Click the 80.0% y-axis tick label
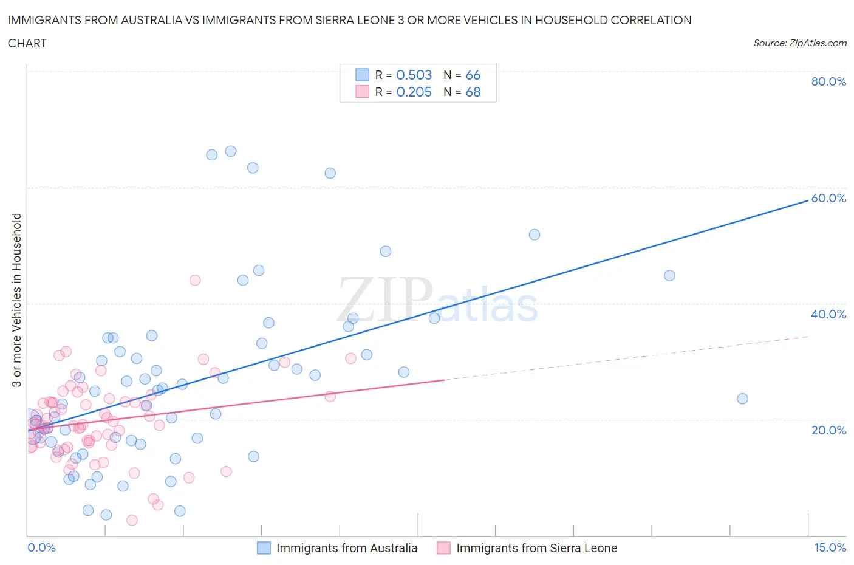click(x=828, y=81)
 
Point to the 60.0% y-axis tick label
click(x=828, y=198)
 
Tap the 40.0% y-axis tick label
click(x=828, y=314)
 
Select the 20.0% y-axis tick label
click(x=828, y=430)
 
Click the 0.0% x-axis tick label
click(x=41, y=547)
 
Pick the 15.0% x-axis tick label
click(x=830, y=547)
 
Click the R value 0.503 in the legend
click(x=414, y=75)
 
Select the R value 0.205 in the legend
click(x=414, y=92)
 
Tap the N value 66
click(x=473, y=75)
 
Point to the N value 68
click(x=473, y=92)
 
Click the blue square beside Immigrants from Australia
click(x=264, y=548)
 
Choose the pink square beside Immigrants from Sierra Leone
click(x=443, y=548)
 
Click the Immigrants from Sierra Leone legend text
click(x=536, y=548)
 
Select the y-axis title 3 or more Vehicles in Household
click(x=17, y=300)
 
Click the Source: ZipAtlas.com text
click(x=799, y=43)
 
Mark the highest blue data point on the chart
click(x=231, y=151)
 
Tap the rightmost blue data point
click(x=742, y=399)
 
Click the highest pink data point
click(x=195, y=280)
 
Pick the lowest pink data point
click(x=132, y=520)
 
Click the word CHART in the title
click(x=27, y=43)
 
